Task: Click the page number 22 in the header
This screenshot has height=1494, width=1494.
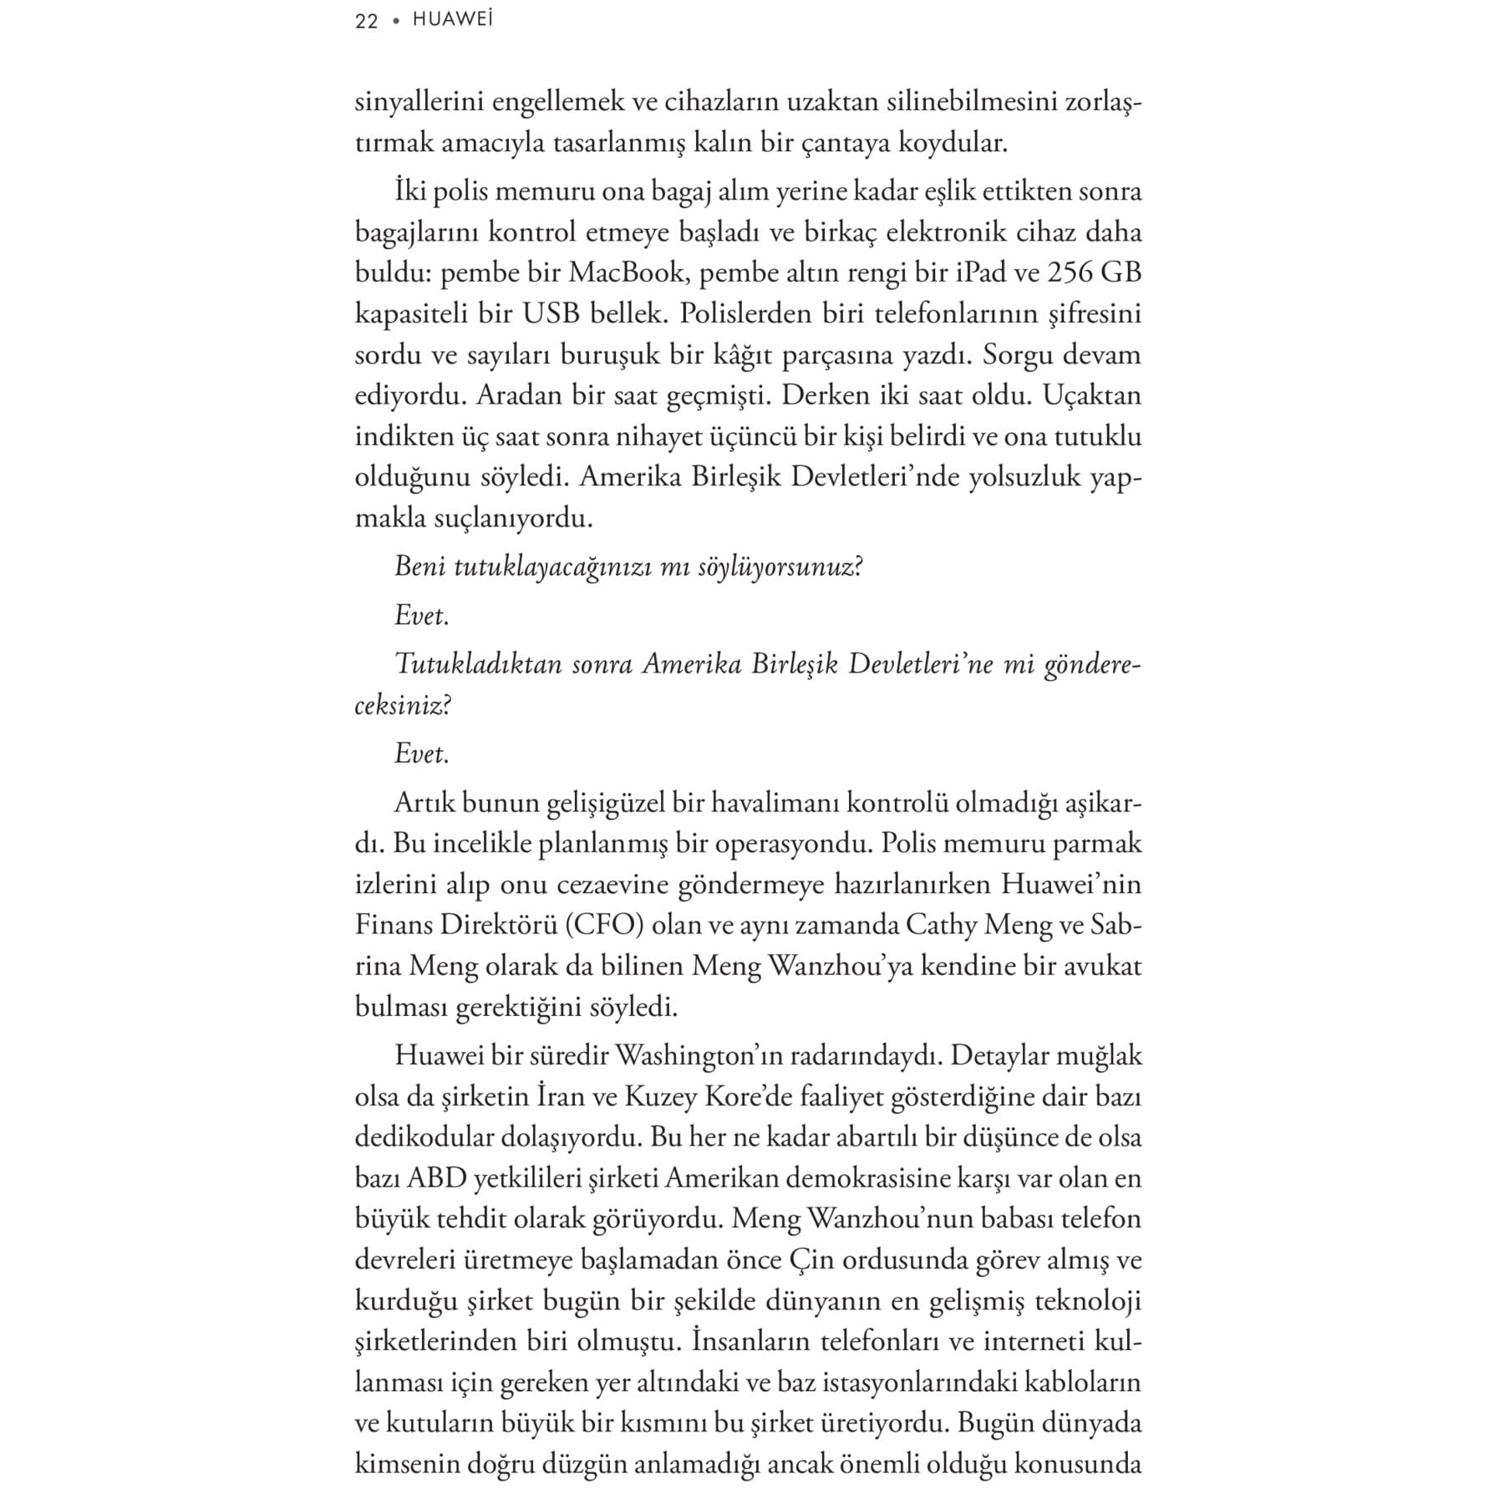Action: (x=367, y=21)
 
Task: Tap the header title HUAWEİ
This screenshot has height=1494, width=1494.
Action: (x=453, y=20)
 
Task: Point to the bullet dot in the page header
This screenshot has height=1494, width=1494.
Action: (x=396, y=22)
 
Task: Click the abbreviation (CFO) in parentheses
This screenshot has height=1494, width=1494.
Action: (x=604, y=925)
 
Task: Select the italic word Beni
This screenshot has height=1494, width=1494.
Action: (x=420, y=567)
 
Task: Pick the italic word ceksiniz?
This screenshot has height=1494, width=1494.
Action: (x=403, y=706)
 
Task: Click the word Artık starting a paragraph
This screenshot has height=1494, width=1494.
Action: (x=424, y=803)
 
